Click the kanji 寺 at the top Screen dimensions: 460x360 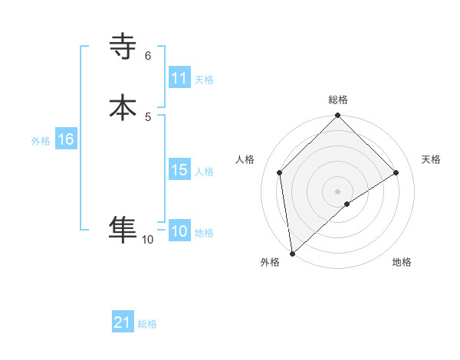(123, 47)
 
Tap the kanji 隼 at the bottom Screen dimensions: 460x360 (123, 227)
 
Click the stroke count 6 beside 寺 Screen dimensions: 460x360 (148, 56)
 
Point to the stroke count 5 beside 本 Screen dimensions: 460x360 (148, 116)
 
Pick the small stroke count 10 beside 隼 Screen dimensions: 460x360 (148, 240)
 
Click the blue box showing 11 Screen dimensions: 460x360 (179, 78)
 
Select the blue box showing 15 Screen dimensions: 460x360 (179, 170)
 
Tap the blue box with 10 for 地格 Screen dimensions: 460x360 (179, 231)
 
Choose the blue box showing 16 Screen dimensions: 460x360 (66, 139)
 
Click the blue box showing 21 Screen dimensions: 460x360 (123, 322)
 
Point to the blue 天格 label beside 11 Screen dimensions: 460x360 (203, 80)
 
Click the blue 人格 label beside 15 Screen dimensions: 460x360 (204, 172)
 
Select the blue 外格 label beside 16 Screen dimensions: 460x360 (41, 141)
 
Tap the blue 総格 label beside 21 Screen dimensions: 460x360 (147, 324)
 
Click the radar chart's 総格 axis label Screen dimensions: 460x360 (338, 100)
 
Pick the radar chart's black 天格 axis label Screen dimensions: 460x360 (432, 159)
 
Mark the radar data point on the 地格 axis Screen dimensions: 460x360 (347, 204)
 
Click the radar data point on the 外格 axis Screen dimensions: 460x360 (291, 254)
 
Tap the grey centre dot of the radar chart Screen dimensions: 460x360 (337, 190)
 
